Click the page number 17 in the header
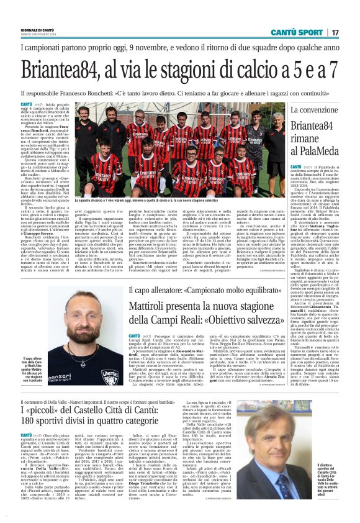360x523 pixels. [x=335, y=32]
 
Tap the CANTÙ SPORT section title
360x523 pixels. [x=299, y=32]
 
